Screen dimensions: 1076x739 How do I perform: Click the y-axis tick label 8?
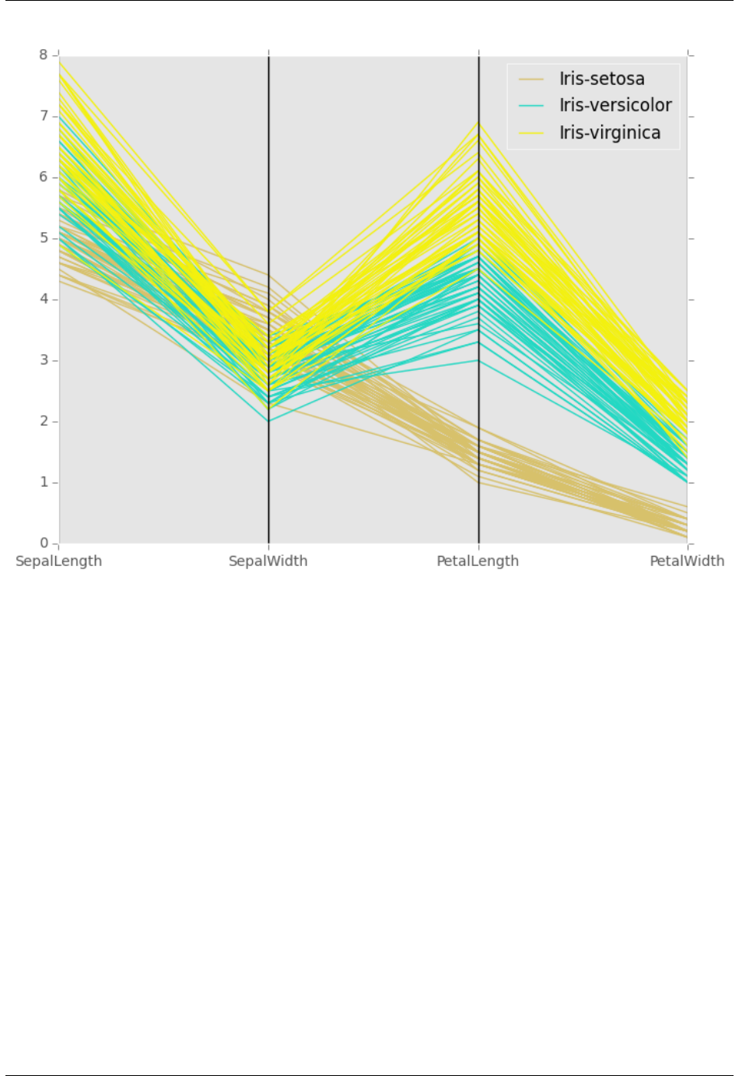[44, 55]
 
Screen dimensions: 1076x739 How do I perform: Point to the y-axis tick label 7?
[44, 116]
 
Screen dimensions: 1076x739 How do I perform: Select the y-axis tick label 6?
[44, 178]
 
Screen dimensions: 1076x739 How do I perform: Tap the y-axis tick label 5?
[44, 238]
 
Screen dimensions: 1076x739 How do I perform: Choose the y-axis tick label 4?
[44, 300]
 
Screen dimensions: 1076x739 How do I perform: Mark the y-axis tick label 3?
[44, 360]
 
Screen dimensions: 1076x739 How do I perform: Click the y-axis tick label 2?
[44, 421]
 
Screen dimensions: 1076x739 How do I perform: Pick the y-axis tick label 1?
[44, 483]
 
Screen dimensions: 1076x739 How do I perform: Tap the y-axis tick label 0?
[44, 543]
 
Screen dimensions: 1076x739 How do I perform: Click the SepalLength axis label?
[59, 561]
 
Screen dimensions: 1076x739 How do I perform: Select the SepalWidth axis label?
[268, 561]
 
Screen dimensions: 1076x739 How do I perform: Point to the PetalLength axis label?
[478, 561]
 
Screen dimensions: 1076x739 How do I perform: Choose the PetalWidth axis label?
[687, 561]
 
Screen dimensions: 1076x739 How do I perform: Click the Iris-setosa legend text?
[601, 79]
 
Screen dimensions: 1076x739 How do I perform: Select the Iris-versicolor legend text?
[615, 106]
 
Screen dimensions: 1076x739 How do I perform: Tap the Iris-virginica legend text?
[610, 133]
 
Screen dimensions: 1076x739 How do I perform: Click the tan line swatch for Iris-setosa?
[531, 79]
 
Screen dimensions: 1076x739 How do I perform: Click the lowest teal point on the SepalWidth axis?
[268, 421]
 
